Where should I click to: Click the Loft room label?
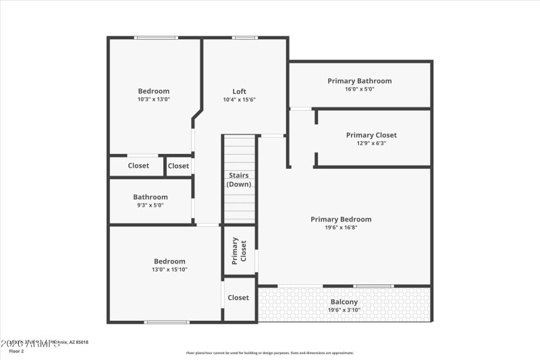(239, 91)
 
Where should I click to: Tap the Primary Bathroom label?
(359, 81)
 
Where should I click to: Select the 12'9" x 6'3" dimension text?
(371, 143)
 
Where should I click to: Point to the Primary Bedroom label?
(341, 219)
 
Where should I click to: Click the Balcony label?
(344, 302)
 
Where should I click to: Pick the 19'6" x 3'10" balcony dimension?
(344, 310)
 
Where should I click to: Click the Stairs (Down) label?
(238, 180)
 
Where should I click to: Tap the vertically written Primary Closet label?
(239, 251)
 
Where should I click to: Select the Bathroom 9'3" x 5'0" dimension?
(151, 205)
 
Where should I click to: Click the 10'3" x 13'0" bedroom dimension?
(154, 99)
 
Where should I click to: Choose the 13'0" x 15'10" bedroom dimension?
(169, 269)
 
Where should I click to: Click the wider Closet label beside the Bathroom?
(138, 165)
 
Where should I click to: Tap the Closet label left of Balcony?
(238, 297)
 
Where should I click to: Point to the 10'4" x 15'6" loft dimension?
(239, 99)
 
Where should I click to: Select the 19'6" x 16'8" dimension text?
(341, 228)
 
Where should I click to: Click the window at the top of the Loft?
(244, 38)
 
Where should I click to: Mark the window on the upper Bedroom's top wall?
(156, 38)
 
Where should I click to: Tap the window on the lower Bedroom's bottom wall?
(167, 322)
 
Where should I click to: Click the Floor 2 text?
(16, 351)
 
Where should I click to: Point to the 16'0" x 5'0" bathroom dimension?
(359, 89)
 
